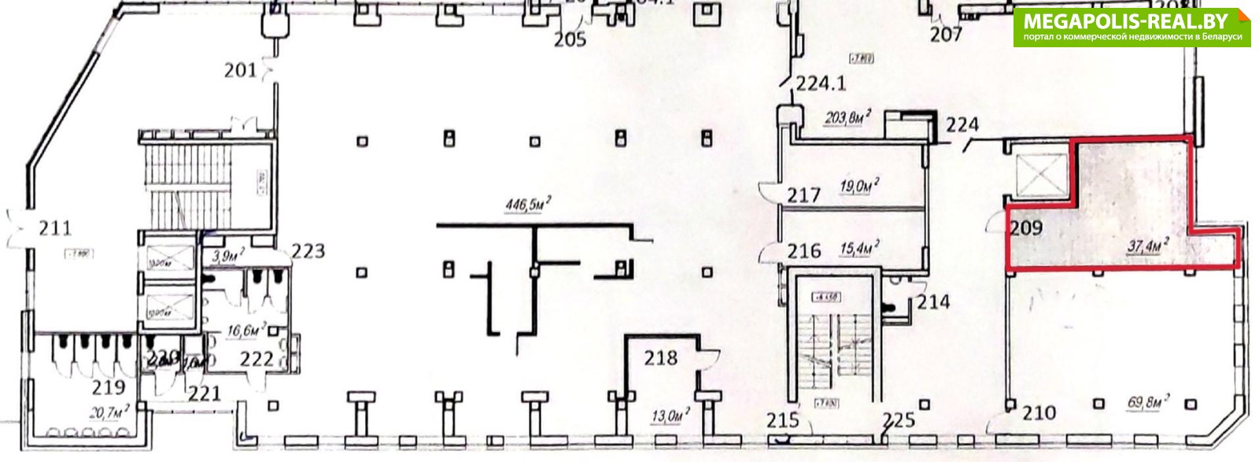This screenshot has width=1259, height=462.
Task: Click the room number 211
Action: (55, 228)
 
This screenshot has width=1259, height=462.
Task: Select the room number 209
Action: (1026, 228)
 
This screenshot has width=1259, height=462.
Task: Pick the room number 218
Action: (660, 358)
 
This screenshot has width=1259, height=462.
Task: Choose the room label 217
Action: (804, 195)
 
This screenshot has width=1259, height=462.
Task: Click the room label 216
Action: (804, 251)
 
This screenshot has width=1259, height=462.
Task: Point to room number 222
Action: (257, 360)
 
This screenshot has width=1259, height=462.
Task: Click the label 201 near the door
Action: (240, 71)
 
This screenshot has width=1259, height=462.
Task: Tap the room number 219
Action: (109, 387)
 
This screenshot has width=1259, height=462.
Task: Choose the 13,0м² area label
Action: (670, 415)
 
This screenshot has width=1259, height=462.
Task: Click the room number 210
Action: (1039, 412)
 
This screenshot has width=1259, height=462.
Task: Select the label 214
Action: (932, 301)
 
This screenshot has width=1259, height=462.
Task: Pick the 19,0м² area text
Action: (859, 186)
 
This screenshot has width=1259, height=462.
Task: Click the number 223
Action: (308, 252)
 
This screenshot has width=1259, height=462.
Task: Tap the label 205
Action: (570, 39)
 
